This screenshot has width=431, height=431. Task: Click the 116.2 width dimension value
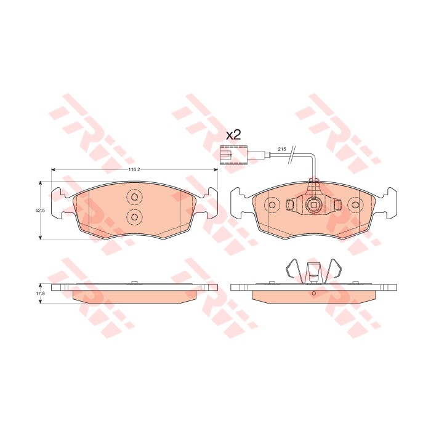pos(134,169)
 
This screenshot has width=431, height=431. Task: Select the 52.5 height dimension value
pos(40,211)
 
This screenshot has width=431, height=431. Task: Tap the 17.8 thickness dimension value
pos(40,293)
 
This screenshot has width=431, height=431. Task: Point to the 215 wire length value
pos(282,149)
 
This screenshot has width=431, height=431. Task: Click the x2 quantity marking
pos(233,135)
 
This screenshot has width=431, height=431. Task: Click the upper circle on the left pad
pos(134,197)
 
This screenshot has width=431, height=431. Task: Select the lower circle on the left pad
pos(134,217)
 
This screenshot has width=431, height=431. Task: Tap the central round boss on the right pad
pos(313,204)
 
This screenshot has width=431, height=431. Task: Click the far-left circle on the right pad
pos(272,205)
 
